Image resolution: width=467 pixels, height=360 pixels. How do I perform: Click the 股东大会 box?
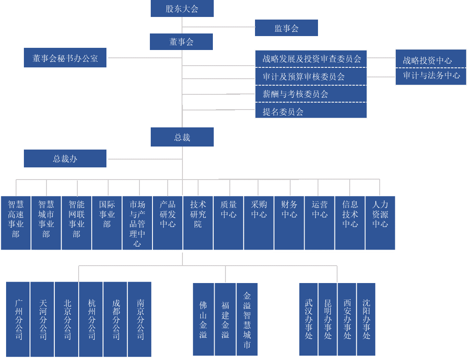pyautogui.click(x=182, y=9)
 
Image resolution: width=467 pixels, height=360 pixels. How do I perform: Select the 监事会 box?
pyautogui.click(x=286, y=28)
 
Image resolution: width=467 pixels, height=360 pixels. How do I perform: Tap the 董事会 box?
pyautogui.click(x=181, y=42)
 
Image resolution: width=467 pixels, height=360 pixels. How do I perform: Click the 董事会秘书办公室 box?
pyautogui.click(x=65, y=58)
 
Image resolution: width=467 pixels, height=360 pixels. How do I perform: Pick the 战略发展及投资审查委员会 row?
pyautogui.click(x=311, y=59)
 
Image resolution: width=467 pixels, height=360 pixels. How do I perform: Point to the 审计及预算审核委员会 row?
pyautogui.click(x=311, y=77)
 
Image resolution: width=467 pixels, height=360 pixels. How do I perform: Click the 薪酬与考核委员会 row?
pyautogui.click(x=311, y=94)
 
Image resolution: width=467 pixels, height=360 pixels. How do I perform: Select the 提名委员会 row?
pyautogui.click(x=311, y=111)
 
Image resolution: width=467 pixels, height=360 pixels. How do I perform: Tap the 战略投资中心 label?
pyautogui.click(x=431, y=60)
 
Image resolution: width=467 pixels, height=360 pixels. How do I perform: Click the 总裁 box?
pyautogui.click(x=182, y=137)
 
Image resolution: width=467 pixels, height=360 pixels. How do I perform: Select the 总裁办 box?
pyautogui.click(x=65, y=159)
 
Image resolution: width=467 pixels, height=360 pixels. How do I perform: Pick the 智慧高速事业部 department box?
pyautogui.click(x=16, y=223)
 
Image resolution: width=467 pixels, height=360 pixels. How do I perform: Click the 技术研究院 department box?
pyautogui.click(x=198, y=223)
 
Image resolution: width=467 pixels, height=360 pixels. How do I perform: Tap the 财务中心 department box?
pyautogui.click(x=289, y=223)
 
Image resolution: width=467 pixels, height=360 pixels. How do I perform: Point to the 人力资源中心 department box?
pyautogui.click(x=380, y=223)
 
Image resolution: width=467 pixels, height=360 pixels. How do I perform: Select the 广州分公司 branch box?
pyautogui.click(x=18, y=320)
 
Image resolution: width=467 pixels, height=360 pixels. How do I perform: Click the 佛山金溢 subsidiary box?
pyautogui.click(x=203, y=320)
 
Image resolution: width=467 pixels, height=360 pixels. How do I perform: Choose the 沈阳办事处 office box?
pyautogui.click(x=366, y=320)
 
